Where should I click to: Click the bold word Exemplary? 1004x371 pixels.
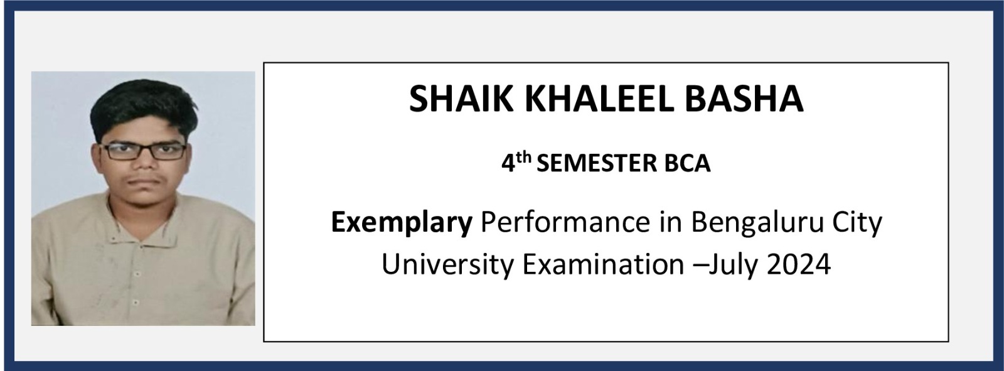coord(402,223)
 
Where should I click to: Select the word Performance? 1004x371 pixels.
coord(565,222)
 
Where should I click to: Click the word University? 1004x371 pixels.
coord(447,265)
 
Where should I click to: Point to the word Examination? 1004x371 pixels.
coord(603,265)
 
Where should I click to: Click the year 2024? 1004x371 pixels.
coord(799,265)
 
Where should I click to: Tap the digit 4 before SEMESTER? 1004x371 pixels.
coord(508,164)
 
